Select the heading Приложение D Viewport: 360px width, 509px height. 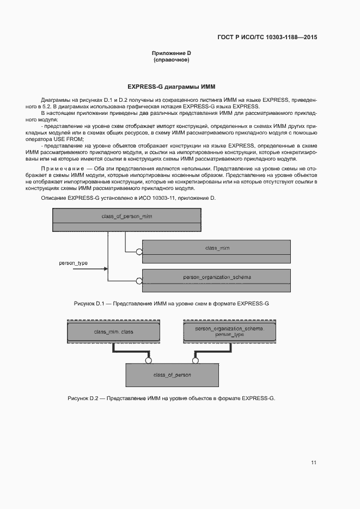click(x=172, y=53)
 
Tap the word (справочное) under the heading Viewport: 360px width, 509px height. click(x=172, y=60)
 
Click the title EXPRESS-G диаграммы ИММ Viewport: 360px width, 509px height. click(x=172, y=87)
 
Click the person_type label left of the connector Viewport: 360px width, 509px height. click(x=73, y=263)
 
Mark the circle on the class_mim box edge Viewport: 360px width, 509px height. click(x=139, y=252)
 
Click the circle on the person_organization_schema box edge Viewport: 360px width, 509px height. click(x=139, y=281)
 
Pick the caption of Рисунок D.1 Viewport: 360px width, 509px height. click(x=172, y=303)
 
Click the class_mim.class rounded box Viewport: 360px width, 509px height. click(x=113, y=332)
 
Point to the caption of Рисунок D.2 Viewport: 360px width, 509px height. click(x=172, y=398)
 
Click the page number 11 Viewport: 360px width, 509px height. click(x=314, y=463)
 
